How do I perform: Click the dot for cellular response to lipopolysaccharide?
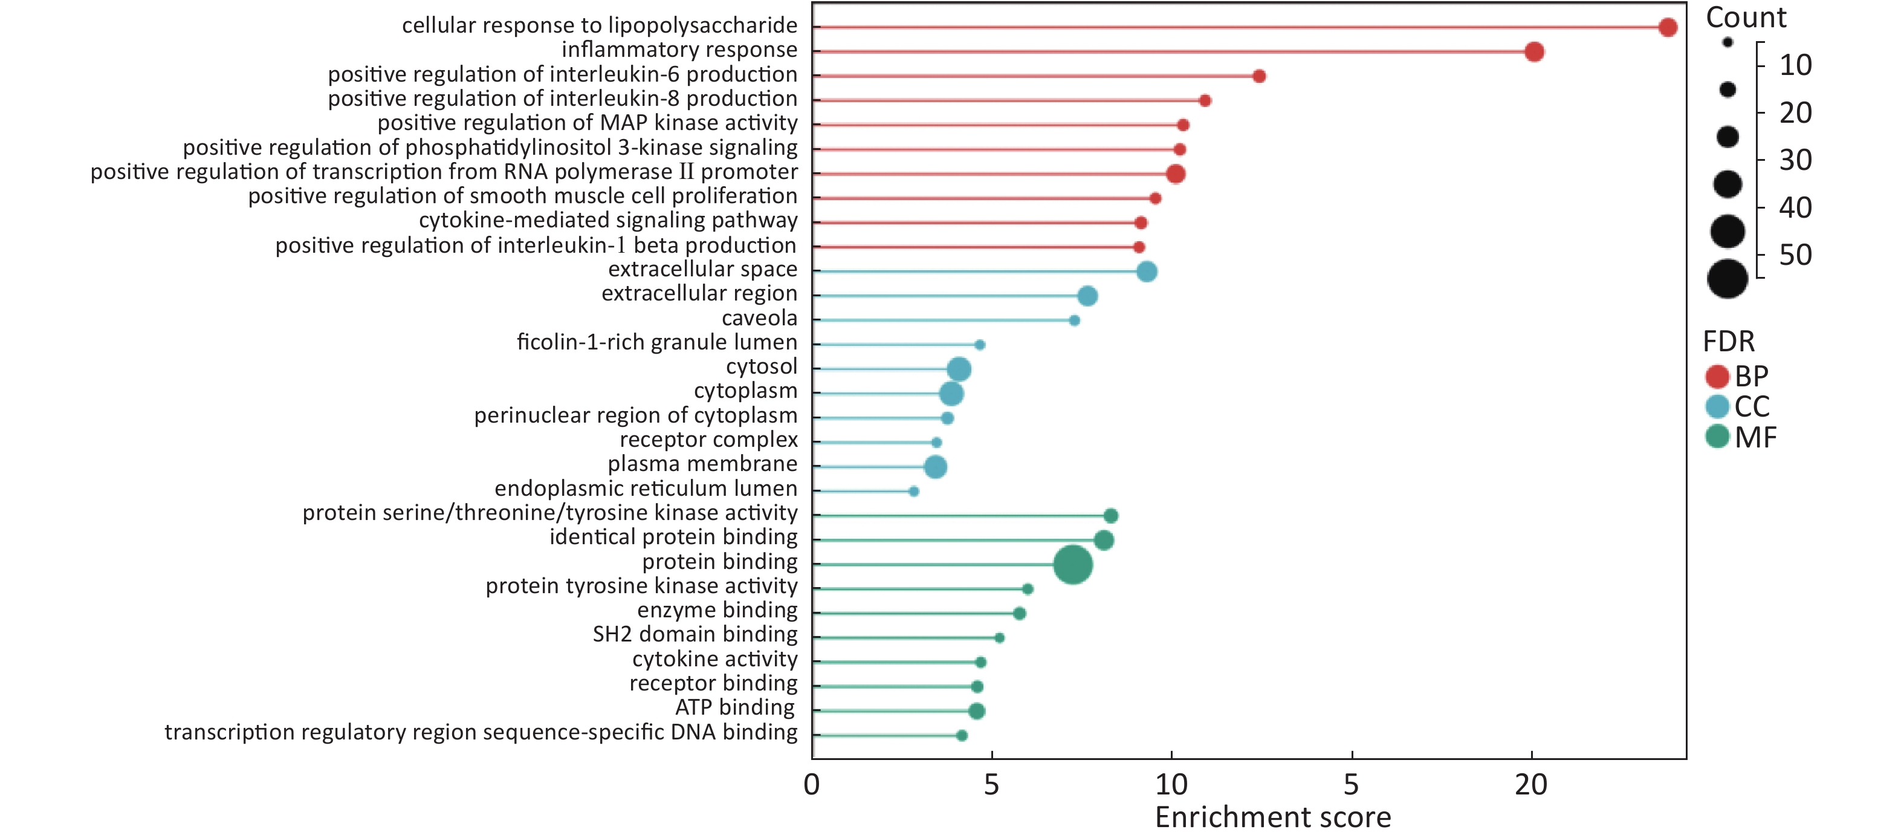point(1668,27)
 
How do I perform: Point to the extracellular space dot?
point(1147,271)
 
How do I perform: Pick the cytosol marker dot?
point(959,369)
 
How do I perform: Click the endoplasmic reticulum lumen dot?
point(913,491)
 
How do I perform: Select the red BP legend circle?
point(1717,377)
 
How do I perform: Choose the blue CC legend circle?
point(1717,407)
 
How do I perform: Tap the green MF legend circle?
point(1717,437)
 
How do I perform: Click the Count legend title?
point(1745,18)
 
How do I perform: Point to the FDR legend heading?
point(1728,342)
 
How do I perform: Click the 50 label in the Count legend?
point(1795,256)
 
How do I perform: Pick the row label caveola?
point(759,319)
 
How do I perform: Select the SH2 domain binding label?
point(695,635)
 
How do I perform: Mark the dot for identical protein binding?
point(1104,540)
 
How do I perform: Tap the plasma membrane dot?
point(935,467)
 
